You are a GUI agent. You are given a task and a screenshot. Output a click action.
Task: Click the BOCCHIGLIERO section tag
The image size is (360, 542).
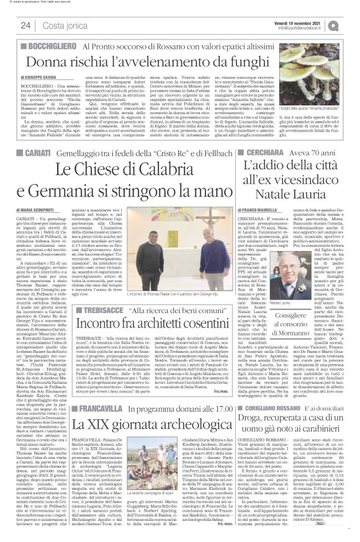pos(43,48)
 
